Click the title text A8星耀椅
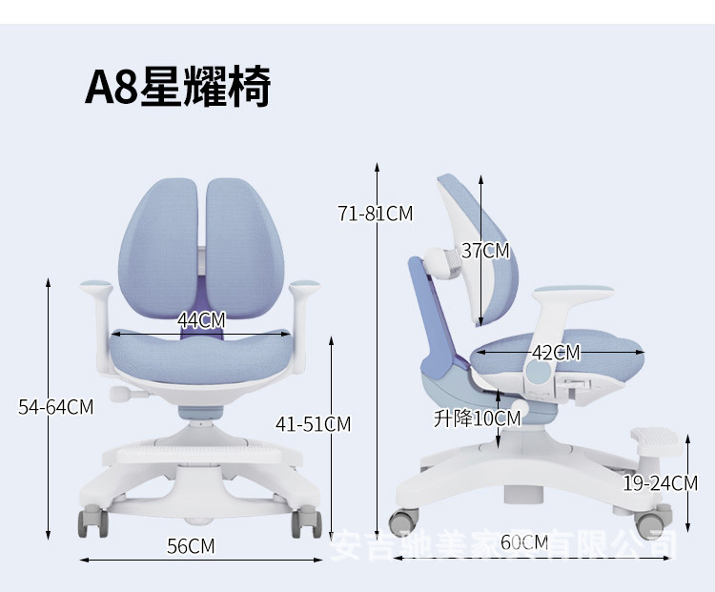tap(178, 88)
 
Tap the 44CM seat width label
tap(201, 320)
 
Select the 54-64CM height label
tap(56, 407)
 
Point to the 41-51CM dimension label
tap(313, 423)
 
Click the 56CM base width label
tap(191, 546)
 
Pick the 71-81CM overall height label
tap(375, 214)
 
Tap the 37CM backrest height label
tap(485, 251)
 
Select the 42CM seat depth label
tap(555, 353)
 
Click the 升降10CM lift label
tap(477, 418)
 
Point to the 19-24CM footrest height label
tap(660, 483)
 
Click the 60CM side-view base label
tap(524, 543)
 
